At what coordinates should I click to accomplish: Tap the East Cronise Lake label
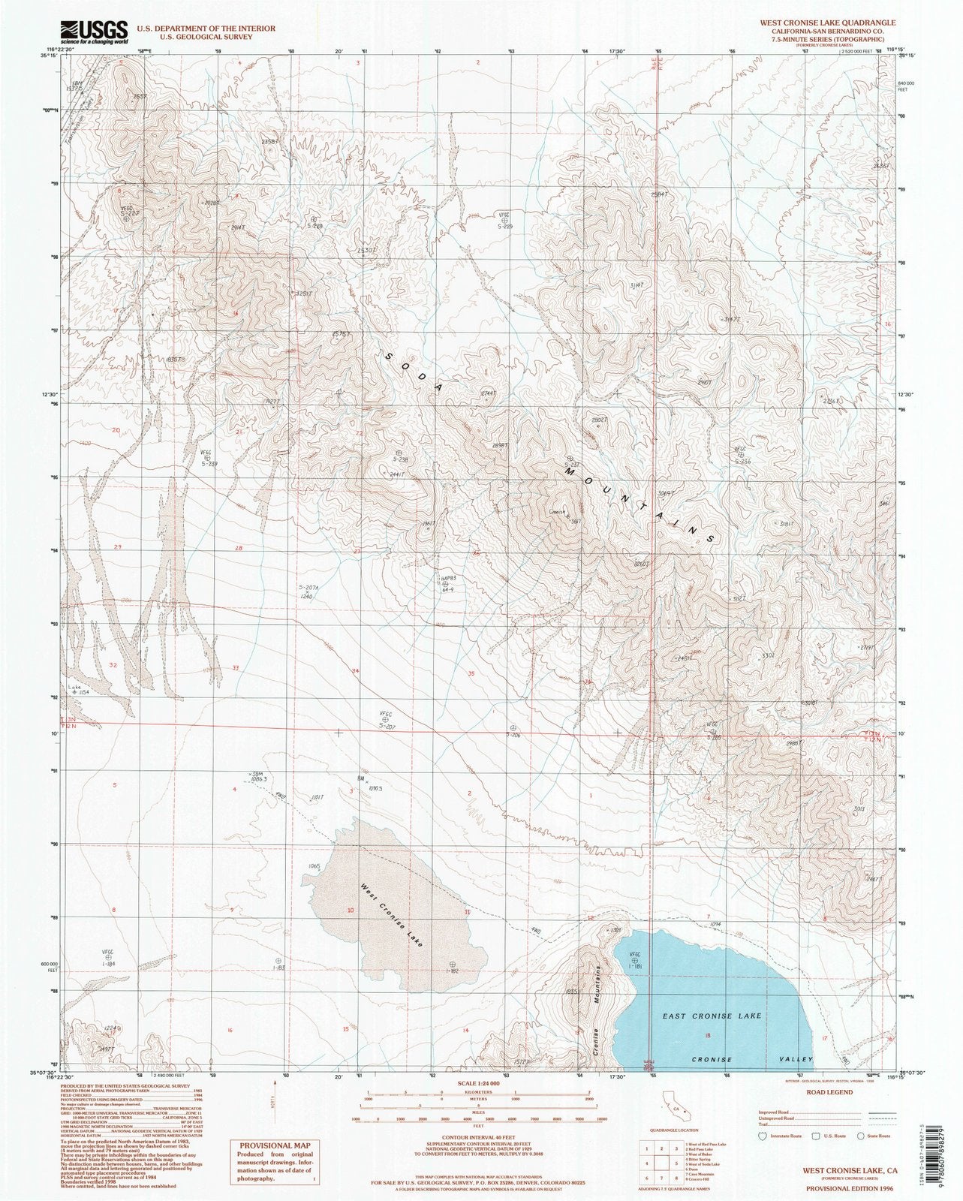pos(712,1016)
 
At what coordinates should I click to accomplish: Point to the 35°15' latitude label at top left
pos(53,55)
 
